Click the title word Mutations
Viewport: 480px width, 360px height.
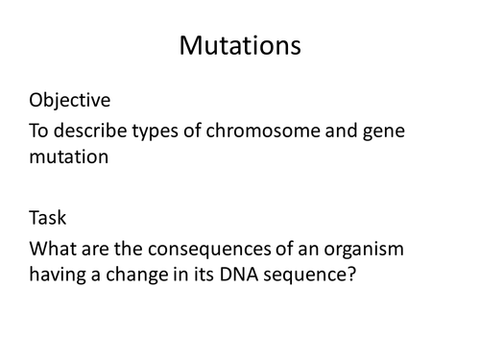point(239,45)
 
